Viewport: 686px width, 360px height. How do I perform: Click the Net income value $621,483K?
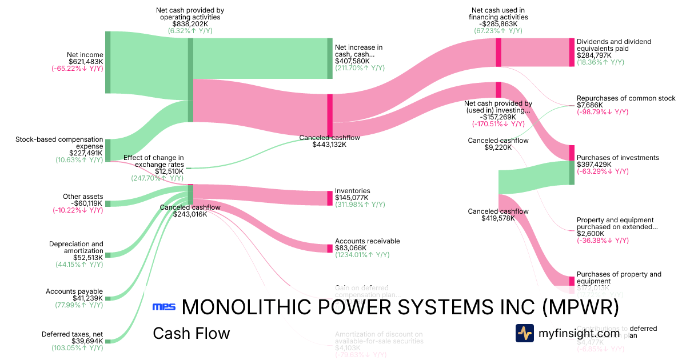coord(86,62)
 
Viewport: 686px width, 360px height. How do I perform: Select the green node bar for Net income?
coord(107,62)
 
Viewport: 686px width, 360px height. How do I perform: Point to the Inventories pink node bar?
coord(330,198)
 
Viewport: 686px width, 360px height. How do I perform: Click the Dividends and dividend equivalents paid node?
coord(572,52)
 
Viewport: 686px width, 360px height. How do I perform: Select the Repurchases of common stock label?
coord(626,98)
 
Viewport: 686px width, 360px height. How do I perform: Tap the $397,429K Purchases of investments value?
coord(594,165)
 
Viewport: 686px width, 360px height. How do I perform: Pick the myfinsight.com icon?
coord(525,333)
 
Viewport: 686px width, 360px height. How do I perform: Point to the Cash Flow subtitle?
coord(191,333)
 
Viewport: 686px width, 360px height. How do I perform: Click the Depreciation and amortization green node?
coord(107,255)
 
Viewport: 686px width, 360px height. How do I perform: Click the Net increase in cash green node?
coord(330,58)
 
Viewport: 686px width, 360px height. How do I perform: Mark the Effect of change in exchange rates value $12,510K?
coord(169,171)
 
